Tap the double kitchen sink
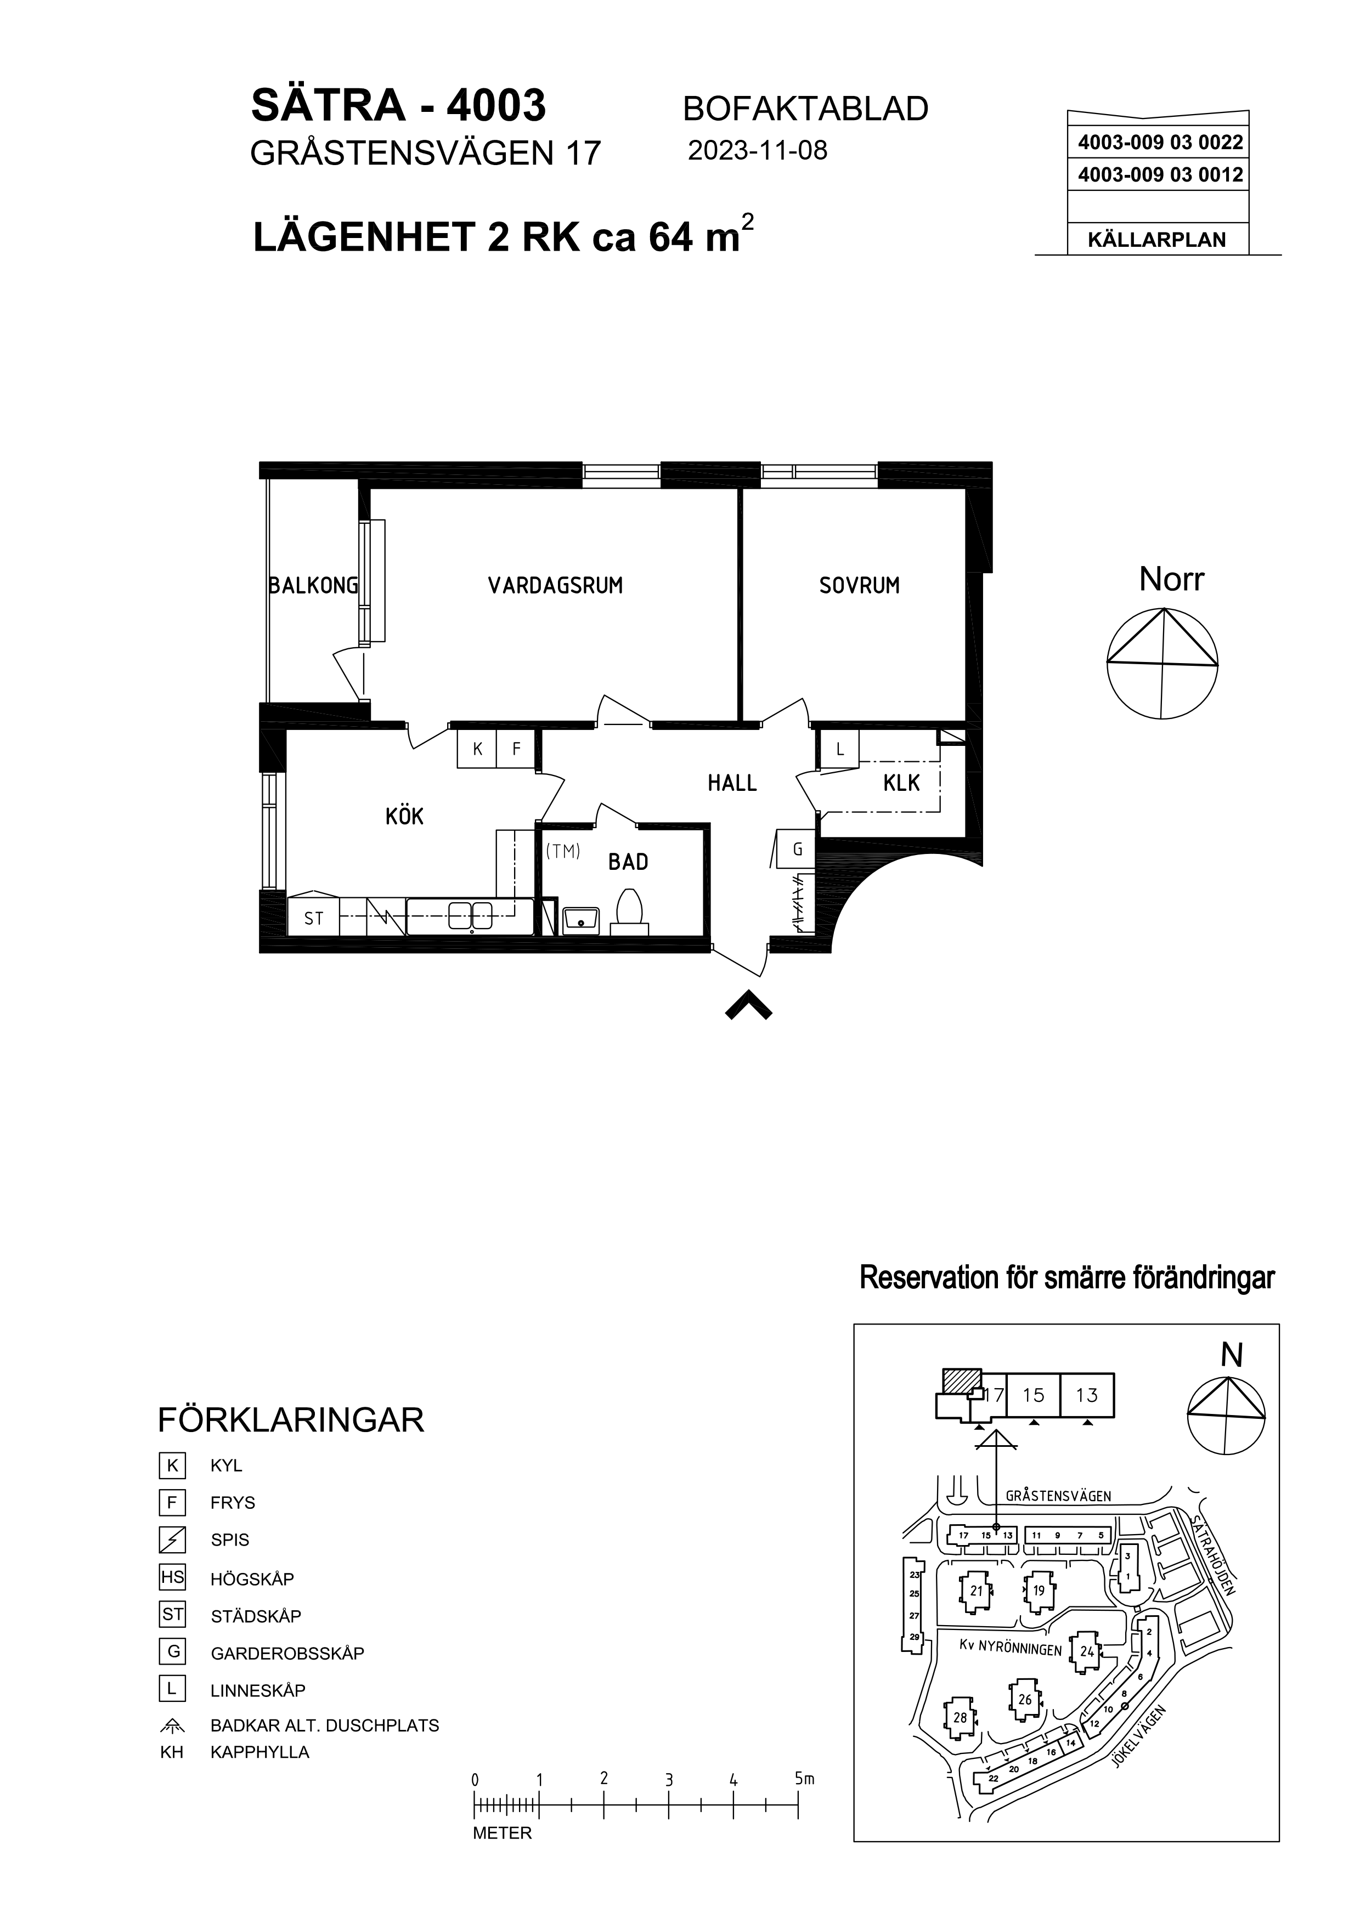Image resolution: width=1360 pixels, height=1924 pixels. coord(470,915)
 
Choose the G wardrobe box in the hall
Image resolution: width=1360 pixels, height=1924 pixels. coord(797,849)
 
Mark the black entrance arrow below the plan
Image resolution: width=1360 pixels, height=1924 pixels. coord(748,1005)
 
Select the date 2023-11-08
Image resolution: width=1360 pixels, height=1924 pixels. coord(758,150)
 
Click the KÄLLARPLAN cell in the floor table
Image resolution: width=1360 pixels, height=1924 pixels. coord(1157,240)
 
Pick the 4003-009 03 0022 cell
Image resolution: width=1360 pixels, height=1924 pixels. coord(1160,143)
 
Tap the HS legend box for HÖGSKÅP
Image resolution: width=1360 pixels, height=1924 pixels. coord(172,1578)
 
